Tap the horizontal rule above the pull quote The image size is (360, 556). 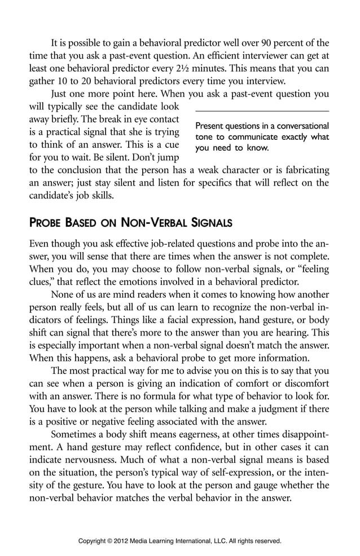(262, 112)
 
